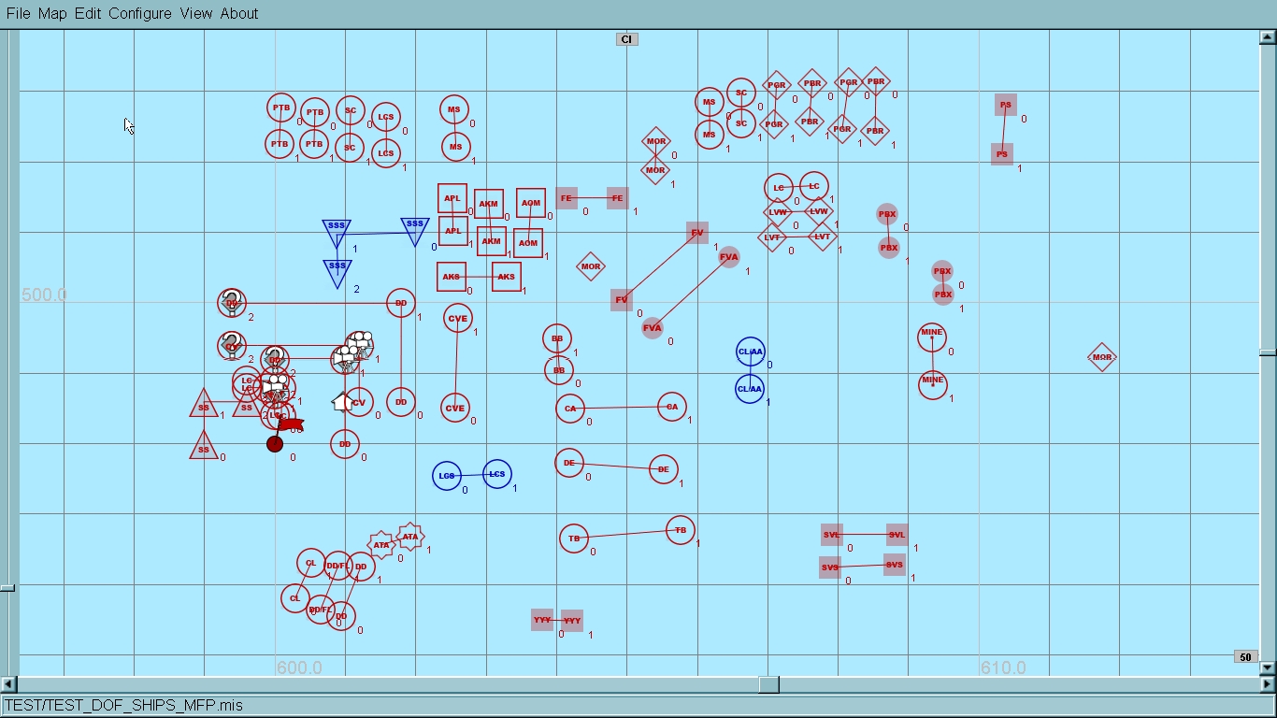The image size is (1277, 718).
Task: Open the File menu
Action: (x=18, y=13)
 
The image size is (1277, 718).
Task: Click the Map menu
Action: (x=52, y=13)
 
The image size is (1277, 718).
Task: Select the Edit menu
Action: (x=88, y=13)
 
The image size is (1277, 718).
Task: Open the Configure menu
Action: (x=140, y=13)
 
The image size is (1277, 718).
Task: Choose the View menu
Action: (x=196, y=13)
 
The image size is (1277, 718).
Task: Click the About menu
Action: (x=239, y=13)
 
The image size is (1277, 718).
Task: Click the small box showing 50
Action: (x=1245, y=657)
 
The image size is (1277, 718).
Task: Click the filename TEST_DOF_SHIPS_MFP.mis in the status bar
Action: (x=123, y=705)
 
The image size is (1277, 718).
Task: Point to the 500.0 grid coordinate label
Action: (x=44, y=295)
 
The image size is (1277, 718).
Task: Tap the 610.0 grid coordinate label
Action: (x=1003, y=668)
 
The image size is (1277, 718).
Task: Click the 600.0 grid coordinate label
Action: (x=299, y=668)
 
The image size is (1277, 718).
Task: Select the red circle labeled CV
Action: (x=360, y=402)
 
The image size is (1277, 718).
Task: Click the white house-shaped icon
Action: (x=342, y=402)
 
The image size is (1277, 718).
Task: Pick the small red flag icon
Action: (x=291, y=424)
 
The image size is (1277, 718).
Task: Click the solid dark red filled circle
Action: (x=275, y=444)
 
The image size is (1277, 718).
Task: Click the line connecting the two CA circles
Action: (x=621, y=408)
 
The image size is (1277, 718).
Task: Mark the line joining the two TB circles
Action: (x=627, y=534)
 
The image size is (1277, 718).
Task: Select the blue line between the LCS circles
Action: (x=471, y=475)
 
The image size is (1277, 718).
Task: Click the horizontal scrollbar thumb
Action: (x=768, y=684)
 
